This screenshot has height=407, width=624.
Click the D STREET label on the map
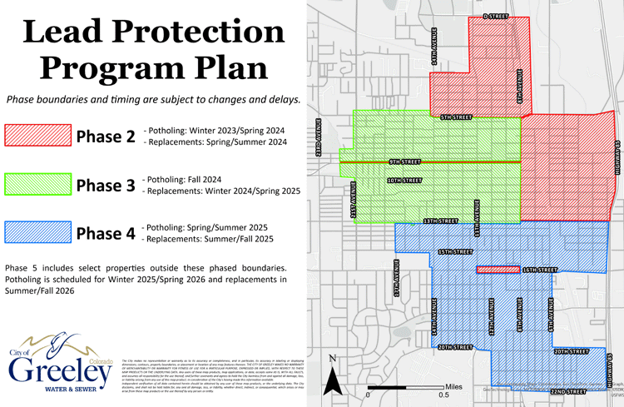click(495, 17)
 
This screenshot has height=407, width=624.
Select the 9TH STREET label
click(404, 161)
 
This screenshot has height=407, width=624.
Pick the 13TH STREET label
click(441, 221)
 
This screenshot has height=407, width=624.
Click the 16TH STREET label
click(539, 271)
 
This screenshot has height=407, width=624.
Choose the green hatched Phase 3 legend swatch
click(37, 186)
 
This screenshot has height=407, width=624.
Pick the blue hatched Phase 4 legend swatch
click(37, 234)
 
